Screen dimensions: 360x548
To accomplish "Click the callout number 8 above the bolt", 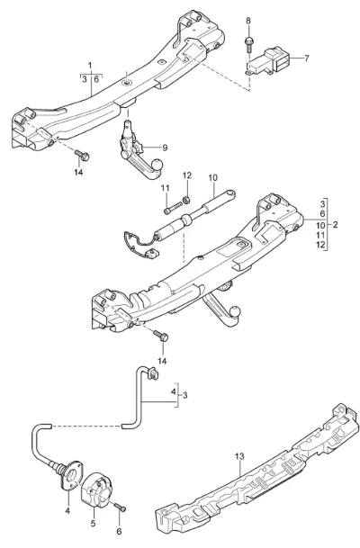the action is [248, 21].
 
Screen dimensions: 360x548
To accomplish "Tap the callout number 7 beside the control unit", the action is [307, 58].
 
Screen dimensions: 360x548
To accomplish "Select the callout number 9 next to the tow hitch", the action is [165, 148].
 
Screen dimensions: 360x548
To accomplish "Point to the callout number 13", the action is [239, 456].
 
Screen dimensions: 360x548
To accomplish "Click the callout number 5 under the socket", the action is [93, 525].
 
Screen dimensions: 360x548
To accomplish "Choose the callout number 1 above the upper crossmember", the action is [90, 66].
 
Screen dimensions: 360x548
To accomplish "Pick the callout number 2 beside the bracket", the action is [335, 224].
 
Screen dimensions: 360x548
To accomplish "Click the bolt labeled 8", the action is [249, 43].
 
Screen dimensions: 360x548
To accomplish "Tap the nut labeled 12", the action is [186, 200].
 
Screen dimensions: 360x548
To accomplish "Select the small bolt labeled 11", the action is [173, 207].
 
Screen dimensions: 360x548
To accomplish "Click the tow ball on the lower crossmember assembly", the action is [236, 311].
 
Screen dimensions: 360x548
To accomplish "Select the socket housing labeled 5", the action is [98, 489].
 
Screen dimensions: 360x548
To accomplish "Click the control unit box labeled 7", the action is [269, 60].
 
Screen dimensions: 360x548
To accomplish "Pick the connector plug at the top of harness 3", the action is [153, 373].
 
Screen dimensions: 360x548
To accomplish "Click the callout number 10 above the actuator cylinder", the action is [213, 178].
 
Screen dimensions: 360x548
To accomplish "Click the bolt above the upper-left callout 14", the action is [82, 155].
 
